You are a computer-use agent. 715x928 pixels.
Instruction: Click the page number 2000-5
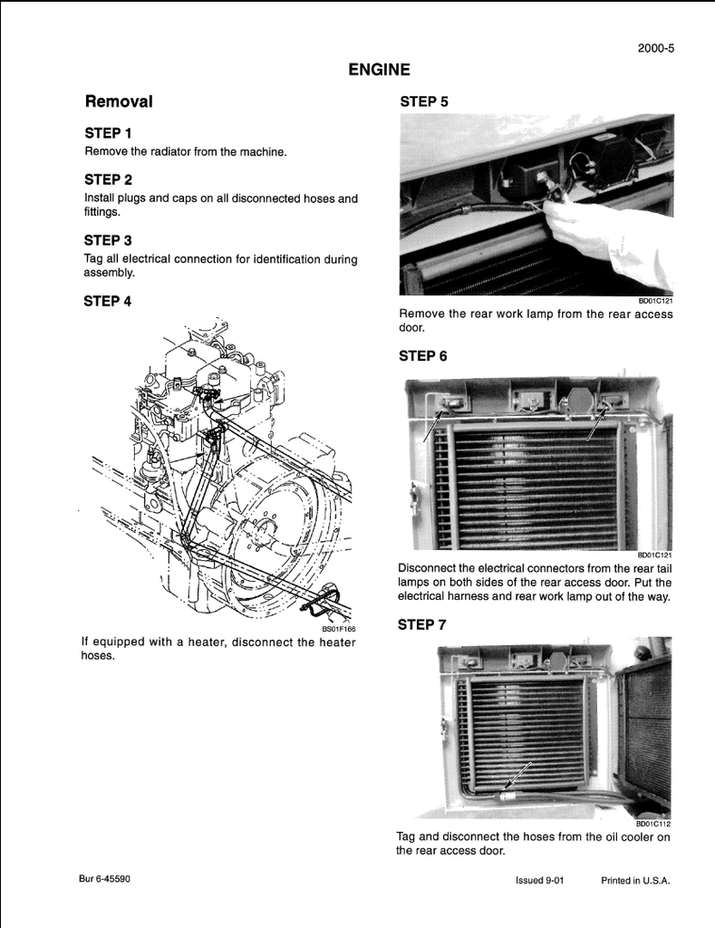coord(655,49)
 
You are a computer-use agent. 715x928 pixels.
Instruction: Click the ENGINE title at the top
coord(379,70)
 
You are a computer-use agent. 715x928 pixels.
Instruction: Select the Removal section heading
coord(118,101)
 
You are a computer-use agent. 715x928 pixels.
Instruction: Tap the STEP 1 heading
coord(108,133)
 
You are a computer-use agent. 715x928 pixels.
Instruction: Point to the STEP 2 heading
coord(108,179)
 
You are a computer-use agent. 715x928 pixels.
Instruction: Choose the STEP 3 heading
coord(108,240)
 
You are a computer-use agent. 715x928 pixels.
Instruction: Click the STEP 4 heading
coord(108,302)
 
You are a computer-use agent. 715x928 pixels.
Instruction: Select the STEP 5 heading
coord(423,101)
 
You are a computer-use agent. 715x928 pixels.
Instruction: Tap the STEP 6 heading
coord(422,356)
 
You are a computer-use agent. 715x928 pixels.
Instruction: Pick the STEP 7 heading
coord(422,624)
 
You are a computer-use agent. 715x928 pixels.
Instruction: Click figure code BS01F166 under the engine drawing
coord(339,628)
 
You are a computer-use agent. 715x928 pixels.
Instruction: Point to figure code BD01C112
coord(652,824)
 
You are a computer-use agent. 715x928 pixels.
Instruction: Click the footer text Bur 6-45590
coord(104,879)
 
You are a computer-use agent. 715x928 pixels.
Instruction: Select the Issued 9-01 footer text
coord(539,880)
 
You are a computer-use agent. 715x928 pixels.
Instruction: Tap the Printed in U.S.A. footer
coord(635,880)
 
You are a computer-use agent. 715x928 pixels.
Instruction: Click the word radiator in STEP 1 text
coord(169,151)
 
